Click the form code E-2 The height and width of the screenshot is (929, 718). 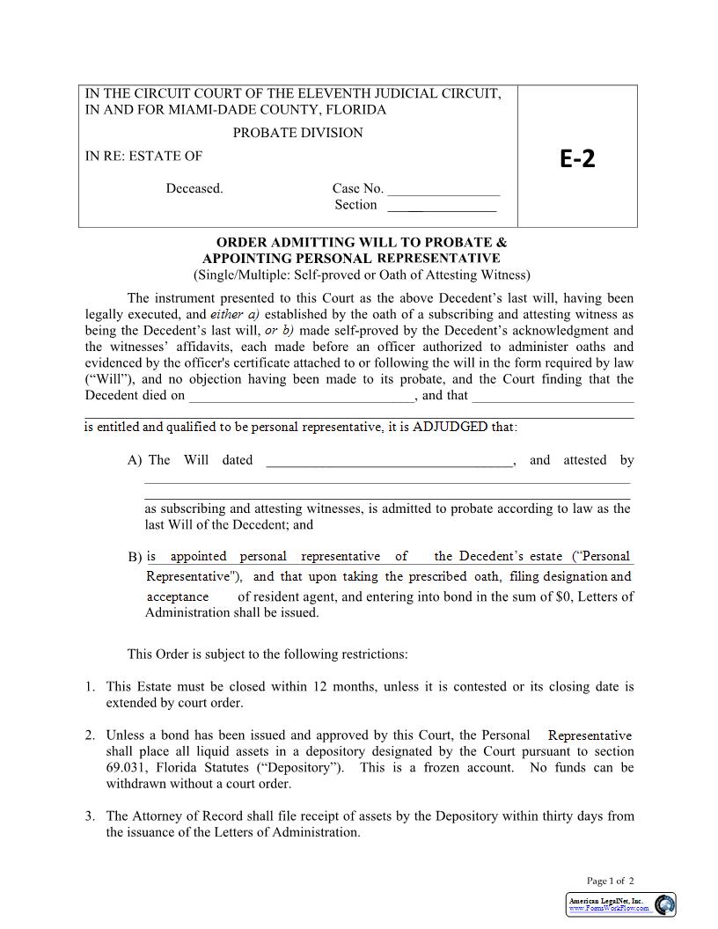[577, 158]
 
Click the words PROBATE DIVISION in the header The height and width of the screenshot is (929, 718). [297, 133]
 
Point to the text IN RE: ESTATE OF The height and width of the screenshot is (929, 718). [143, 156]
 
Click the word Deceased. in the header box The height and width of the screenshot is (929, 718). [194, 188]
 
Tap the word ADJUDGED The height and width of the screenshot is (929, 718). [450, 427]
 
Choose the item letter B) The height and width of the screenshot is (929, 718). [135, 557]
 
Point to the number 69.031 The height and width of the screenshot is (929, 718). [125, 767]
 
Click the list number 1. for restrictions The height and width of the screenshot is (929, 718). [90, 686]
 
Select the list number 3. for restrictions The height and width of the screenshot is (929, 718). [90, 816]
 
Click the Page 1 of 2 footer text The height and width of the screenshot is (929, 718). [610, 881]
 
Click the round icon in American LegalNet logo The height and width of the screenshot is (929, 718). [665, 904]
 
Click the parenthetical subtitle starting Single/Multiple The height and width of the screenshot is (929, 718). [362, 274]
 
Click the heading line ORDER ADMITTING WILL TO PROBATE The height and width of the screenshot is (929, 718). [362, 242]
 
